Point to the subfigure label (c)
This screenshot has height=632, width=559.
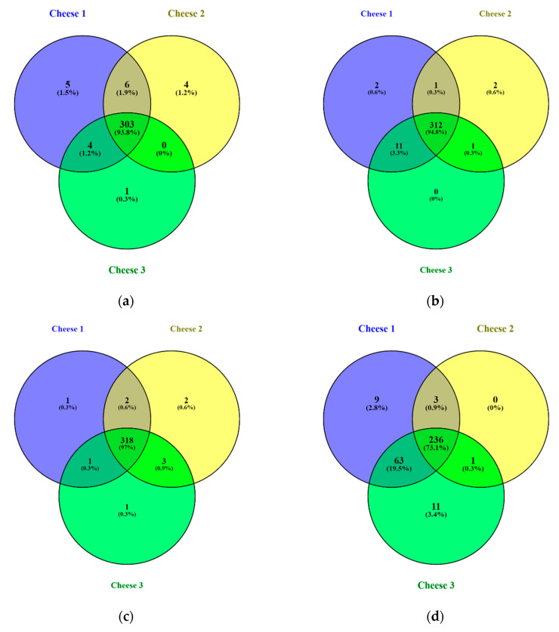pos(125,617)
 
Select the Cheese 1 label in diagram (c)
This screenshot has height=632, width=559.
pos(73,329)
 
